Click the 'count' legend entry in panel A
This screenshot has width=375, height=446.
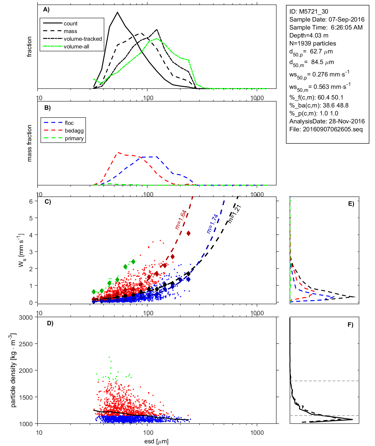(71, 24)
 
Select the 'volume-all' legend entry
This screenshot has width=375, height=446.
(76, 47)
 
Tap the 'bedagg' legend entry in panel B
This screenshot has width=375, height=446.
(74, 131)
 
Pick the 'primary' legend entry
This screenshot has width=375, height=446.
(74, 138)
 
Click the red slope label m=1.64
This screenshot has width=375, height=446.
(181, 220)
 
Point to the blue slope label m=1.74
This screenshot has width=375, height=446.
(212, 224)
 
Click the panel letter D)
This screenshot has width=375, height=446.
(50, 323)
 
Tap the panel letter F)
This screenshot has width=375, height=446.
(350, 325)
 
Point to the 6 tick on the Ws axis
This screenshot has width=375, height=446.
(31, 201)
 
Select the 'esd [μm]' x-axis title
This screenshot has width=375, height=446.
(156, 441)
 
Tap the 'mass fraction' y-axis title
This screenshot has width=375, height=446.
(29, 143)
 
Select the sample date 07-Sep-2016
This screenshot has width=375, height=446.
(346, 19)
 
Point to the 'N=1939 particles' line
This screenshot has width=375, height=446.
(312, 43)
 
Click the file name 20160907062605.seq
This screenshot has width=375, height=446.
(332, 129)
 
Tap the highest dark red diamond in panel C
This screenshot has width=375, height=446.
(188, 233)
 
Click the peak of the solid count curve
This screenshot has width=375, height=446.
(118, 12)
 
